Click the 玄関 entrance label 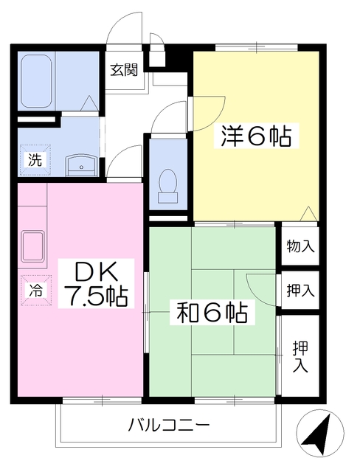click(x=124, y=70)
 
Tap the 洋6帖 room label click(x=257, y=136)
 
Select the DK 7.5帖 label click(x=96, y=283)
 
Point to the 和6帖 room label click(x=212, y=313)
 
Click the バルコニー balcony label click(x=169, y=426)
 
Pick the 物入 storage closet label click(x=300, y=246)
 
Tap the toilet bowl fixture click(x=168, y=185)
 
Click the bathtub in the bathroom click(x=36, y=80)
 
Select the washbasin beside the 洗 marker click(x=82, y=166)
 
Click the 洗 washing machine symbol click(x=35, y=160)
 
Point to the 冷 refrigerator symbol click(x=36, y=290)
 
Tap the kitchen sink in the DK click(x=33, y=246)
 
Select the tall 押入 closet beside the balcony click(x=300, y=355)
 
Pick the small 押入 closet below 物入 click(x=300, y=290)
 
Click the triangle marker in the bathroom click(x=89, y=103)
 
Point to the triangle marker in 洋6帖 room click(x=308, y=214)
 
